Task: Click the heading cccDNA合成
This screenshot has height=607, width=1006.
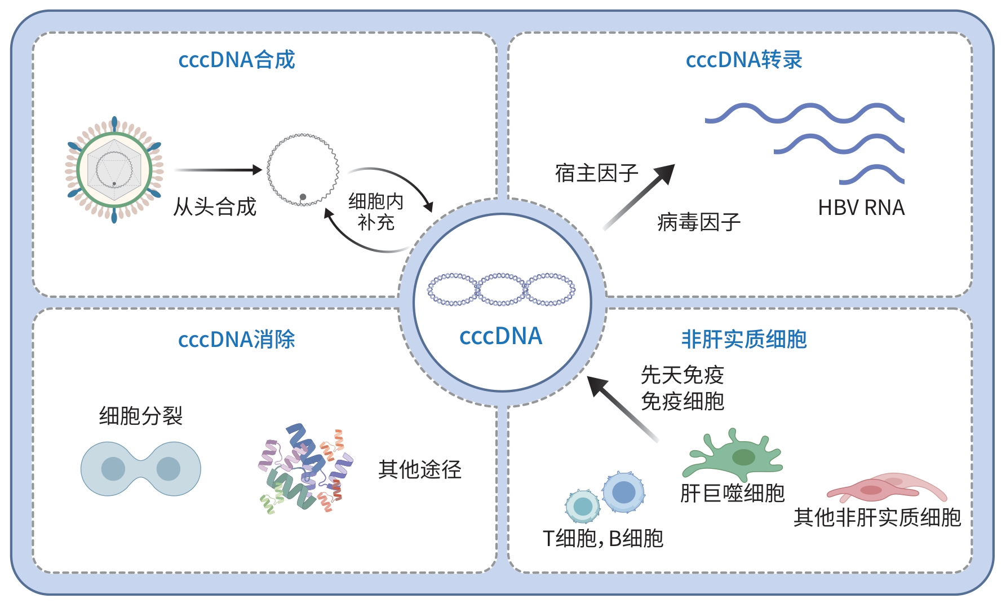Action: coord(237,60)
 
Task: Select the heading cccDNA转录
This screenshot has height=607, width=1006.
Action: coord(744,60)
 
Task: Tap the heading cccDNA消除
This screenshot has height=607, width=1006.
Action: coord(237,340)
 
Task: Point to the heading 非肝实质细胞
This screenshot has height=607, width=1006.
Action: coord(744,340)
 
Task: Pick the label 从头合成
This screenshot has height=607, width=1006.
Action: coord(215,206)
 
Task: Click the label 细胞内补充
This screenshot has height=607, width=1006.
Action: coord(376,212)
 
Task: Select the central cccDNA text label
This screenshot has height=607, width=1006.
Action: coord(500,337)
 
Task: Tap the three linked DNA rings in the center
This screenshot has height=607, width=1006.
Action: coord(501,289)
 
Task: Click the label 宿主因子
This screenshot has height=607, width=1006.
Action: coord(596,173)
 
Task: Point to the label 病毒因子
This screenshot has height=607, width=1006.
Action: coord(698,222)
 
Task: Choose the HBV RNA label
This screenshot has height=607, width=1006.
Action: coord(861,208)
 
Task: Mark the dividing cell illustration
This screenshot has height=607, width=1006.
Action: coord(141,469)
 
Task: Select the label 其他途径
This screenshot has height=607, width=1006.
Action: coord(420,469)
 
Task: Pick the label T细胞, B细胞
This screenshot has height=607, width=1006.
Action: coord(602,539)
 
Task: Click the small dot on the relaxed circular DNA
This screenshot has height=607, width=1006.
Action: coord(303,197)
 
